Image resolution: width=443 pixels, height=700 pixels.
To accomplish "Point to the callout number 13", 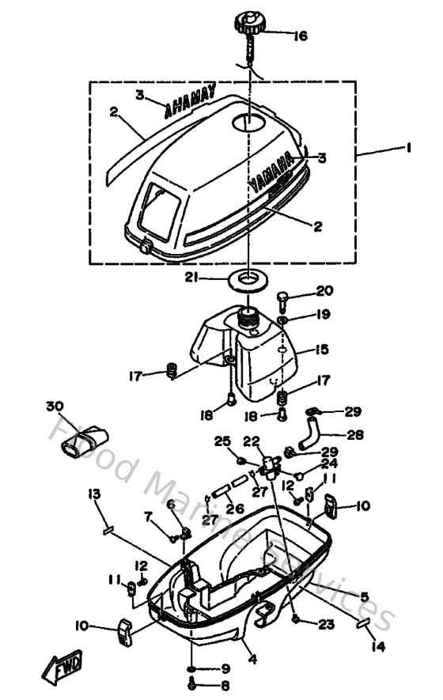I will [94, 494].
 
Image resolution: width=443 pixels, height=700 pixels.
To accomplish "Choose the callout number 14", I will [377, 647].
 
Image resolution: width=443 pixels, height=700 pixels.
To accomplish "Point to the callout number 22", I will [252, 441].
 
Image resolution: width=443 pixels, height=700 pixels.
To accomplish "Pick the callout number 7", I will [148, 516].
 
